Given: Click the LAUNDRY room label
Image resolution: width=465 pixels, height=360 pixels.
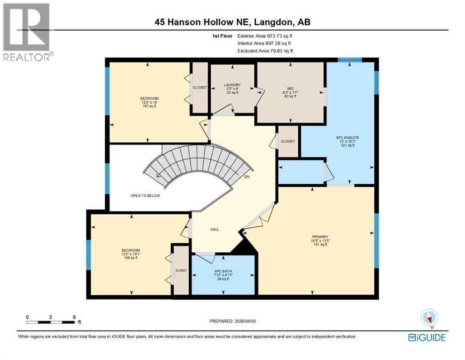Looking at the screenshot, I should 232,85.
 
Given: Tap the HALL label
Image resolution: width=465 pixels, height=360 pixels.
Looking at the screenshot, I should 214,229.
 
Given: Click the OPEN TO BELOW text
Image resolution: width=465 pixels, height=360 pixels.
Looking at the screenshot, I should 145,195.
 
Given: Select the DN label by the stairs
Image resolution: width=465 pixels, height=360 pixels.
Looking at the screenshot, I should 247,177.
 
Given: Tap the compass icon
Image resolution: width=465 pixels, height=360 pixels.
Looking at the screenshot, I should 429,317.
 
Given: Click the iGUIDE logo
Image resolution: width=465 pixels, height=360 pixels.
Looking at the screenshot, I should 427,337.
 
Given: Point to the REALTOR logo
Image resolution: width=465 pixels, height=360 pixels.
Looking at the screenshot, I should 27,33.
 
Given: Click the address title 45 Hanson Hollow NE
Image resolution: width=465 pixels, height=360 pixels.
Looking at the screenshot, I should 233,22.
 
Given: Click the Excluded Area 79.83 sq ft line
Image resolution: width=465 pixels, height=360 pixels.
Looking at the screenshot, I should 266,51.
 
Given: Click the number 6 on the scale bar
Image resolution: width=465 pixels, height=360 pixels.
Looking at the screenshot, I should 74,316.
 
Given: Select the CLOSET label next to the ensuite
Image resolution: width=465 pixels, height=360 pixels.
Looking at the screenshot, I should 288,141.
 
